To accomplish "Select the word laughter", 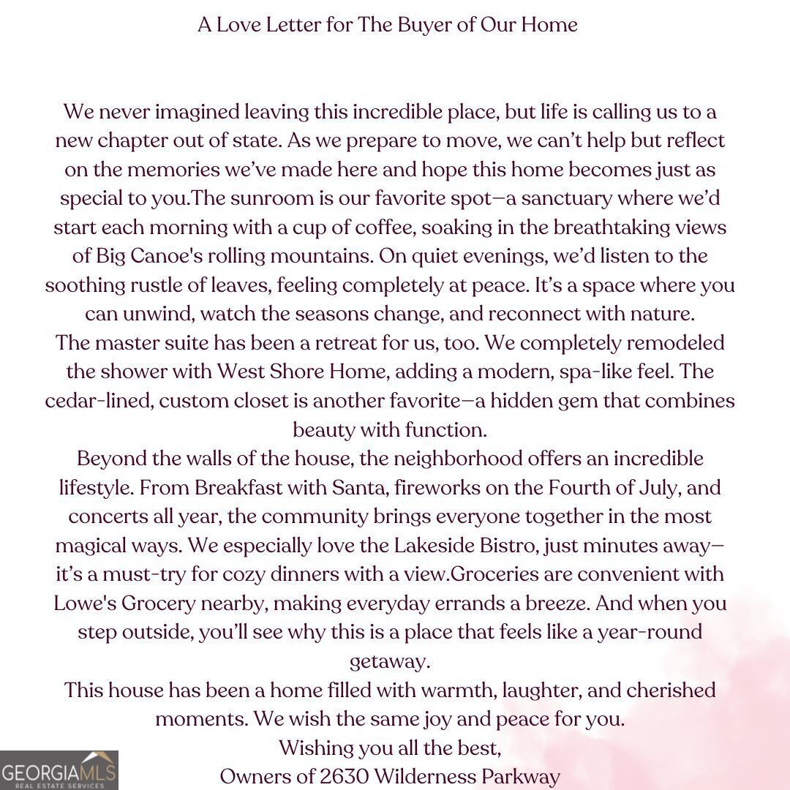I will coord(528,690).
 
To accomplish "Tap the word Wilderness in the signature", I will coord(426,776).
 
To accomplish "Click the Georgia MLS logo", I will coord(59,770).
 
